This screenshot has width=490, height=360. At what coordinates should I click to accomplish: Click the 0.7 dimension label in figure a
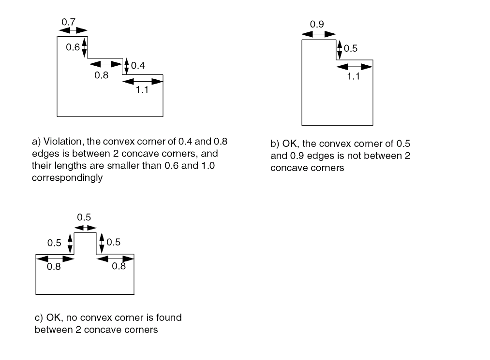[x=68, y=22]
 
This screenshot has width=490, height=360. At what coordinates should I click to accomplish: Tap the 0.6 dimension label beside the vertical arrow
[x=73, y=47]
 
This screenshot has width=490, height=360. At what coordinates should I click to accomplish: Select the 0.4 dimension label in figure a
[x=138, y=66]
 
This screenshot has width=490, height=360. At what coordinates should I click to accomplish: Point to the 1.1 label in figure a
[x=141, y=90]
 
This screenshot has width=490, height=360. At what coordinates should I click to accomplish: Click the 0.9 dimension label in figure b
[x=317, y=25]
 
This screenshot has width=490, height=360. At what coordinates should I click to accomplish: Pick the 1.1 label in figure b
[x=354, y=75]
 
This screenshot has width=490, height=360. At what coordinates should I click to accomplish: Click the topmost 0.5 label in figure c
[x=84, y=217]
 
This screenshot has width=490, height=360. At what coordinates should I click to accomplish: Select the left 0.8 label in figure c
[x=54, y=267]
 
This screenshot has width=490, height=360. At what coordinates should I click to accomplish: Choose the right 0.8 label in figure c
[x=119, y=266]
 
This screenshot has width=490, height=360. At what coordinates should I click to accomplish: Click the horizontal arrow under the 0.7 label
[x=72, y=30]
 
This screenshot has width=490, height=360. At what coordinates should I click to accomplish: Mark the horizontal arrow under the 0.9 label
[x=318, y=34]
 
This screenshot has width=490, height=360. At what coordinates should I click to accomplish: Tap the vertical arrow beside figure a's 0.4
[x=127, y=66]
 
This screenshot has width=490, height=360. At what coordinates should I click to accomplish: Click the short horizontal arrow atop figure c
[x=85, y=228]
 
